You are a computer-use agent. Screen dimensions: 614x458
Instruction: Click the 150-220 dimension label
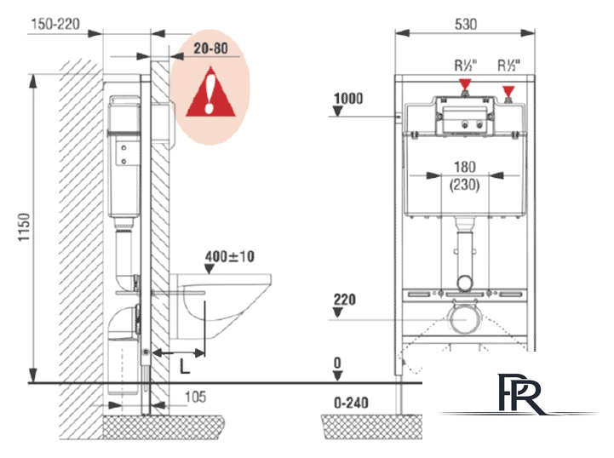point(55,24)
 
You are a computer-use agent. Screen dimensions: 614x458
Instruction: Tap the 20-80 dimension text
point(210,49)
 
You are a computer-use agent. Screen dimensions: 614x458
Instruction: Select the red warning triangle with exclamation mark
point(210,92)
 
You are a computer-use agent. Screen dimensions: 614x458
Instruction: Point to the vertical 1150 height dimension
point(25,227)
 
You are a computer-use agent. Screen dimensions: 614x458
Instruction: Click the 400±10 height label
point(230,256)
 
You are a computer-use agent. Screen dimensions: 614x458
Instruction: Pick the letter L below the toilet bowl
point(185,366)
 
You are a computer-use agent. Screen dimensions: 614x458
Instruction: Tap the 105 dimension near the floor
point(195,397)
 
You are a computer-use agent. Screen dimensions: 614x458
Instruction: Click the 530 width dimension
point(466,25)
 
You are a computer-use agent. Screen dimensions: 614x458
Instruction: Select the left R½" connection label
point(466,65)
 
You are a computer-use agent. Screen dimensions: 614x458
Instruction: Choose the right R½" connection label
point(508,65)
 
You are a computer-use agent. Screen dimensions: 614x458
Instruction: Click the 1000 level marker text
point(348,98)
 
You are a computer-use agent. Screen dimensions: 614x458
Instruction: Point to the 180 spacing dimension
point(465,167)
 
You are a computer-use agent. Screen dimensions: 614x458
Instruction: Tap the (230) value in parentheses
point(464,185)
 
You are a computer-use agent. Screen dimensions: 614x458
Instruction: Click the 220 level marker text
point(345,300)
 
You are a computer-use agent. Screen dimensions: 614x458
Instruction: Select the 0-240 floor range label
point(351,403)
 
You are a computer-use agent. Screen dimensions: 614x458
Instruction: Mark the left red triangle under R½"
point(465,84)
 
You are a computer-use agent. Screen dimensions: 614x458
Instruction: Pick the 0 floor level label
point(337,363)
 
